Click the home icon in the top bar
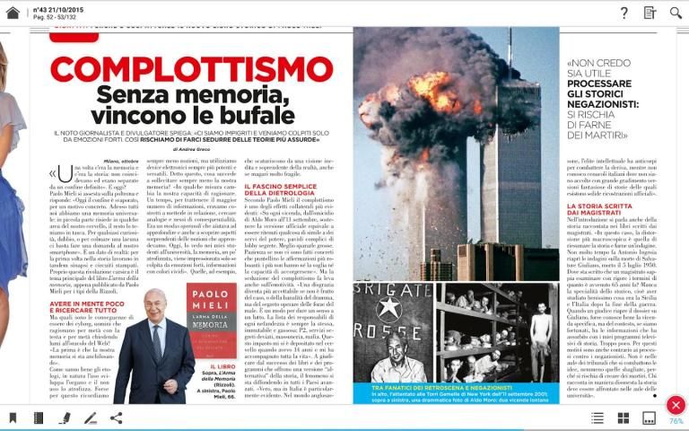click(x=13, y=13)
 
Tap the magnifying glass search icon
click(x=676, y=13)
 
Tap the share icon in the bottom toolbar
click(x=116, y=418)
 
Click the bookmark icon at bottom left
click(x=13, y=418)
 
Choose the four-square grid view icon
click(x=624, y=418)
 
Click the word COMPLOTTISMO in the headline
click(x=191, y=70)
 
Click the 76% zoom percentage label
click(x=676, y=421)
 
